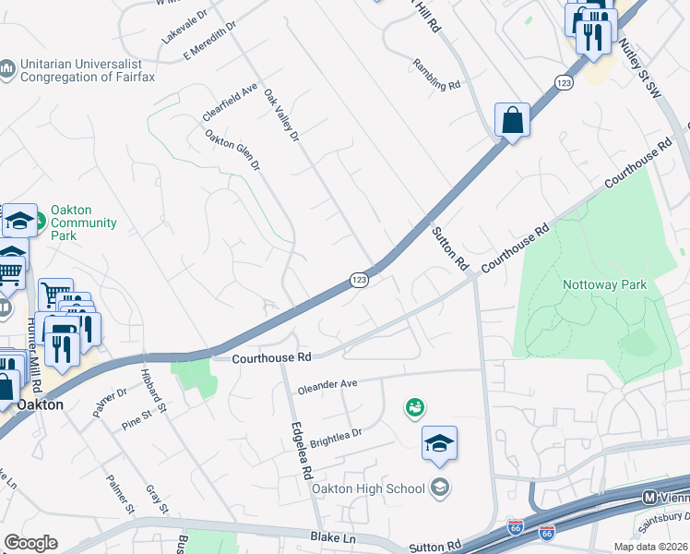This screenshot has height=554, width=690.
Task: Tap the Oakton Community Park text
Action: click(x=83, y=223)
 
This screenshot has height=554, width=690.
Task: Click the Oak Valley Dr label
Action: click(x=281, y=115)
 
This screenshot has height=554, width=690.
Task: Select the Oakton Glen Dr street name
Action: click(x=232, y=151)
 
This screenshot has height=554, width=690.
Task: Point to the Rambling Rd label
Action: click(x=435, y=75)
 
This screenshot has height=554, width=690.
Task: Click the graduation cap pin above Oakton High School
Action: click(x=439, y=443)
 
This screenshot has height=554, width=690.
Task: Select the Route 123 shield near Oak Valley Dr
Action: click(x=360, y=279)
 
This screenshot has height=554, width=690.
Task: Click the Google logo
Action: click(x=30, y=543)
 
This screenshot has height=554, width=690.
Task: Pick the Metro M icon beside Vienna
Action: click(x=650, y=498)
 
